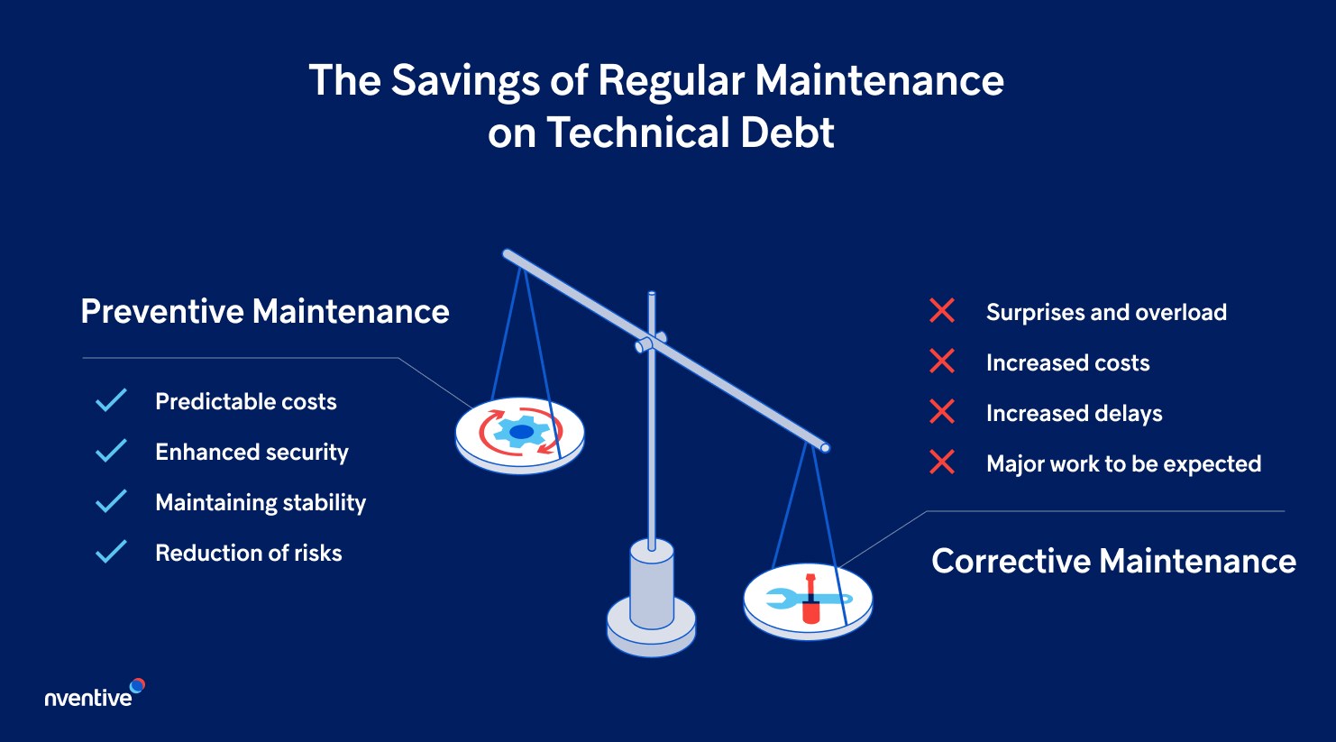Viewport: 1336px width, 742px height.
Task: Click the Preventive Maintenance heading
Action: tap(265, 312)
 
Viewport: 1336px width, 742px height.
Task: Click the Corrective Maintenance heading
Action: tap(1113, 561)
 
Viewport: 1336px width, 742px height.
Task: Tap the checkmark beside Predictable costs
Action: tap(111, 401)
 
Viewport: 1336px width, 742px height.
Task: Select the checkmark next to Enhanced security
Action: tap(111, 451)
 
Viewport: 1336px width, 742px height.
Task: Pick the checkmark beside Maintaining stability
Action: tap(111, 501)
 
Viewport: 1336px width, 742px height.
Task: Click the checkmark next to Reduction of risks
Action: tap(111, 552)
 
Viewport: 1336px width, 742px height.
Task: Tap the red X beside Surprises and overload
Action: tap(942, 311)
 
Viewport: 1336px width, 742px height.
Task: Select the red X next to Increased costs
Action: tap(942, 362)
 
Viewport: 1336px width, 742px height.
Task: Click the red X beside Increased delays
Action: tap(942, 412)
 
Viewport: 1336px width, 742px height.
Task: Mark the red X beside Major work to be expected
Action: tap(942, 463)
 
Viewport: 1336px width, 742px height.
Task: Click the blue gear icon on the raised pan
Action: tap(521, 433)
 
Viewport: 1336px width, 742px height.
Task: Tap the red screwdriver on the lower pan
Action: tap(810, 600)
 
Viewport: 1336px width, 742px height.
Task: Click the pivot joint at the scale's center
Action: tap(650, 343)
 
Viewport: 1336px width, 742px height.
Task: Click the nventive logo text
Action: tap(88, 697)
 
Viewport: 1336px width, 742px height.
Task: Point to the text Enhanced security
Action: tap(252, 452)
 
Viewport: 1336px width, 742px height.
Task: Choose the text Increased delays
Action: tap(1074, 413)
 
